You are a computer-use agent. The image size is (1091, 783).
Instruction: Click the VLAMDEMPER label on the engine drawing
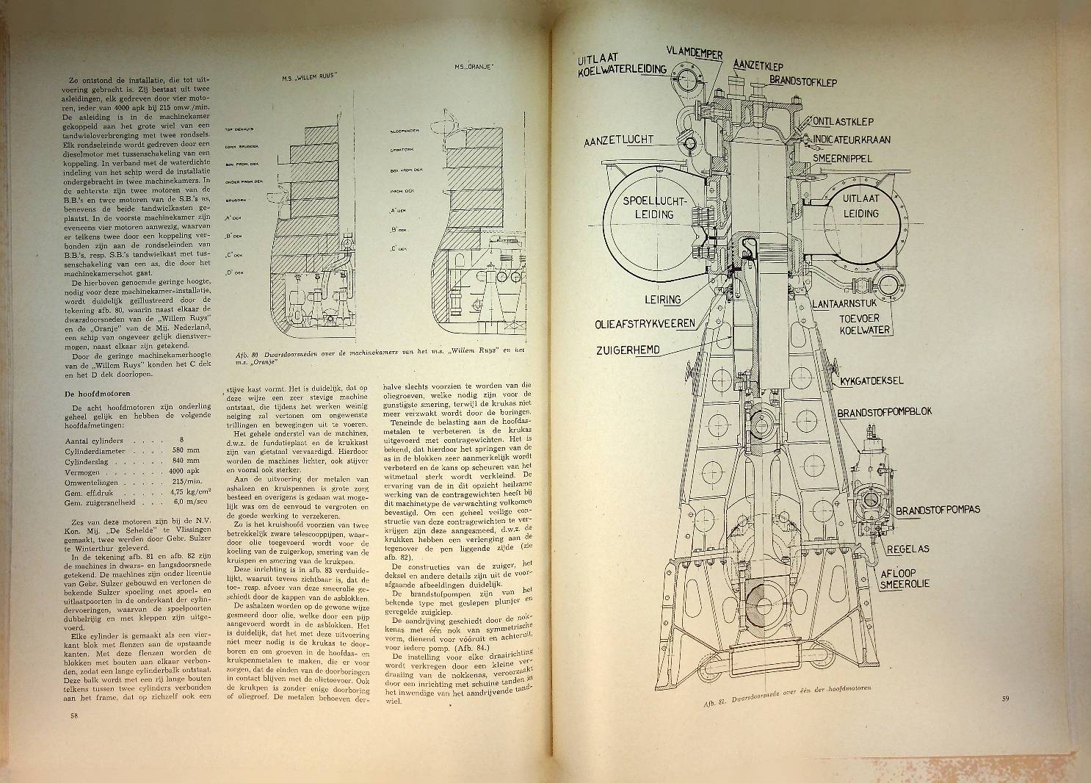(695, 51)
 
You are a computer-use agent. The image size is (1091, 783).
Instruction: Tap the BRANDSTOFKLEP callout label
(803, 82)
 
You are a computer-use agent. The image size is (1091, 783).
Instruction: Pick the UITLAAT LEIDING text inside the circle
(859, 206)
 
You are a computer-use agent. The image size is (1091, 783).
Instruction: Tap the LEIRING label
(663, 299)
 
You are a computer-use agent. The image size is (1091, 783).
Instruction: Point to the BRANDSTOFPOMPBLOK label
(884, 411)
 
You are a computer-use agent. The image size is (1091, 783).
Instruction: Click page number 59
(1005, 698)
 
